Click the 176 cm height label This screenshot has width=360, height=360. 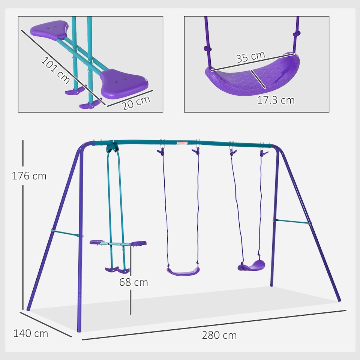click(29, 175)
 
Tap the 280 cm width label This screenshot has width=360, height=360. click(219, 335)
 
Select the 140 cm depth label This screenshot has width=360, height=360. click(31, 333)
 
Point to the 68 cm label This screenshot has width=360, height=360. click(133, 282)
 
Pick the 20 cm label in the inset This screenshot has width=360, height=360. click(136, 103)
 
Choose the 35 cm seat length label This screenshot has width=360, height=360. click(250, 57)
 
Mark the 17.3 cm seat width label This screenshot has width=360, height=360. click(276, 100)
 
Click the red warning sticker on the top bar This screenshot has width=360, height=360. click(182, 142)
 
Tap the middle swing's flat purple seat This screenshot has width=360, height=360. click(183, 270)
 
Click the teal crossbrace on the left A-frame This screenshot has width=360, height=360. click(66, 233)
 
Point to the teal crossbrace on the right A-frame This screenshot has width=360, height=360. click(292, 222)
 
